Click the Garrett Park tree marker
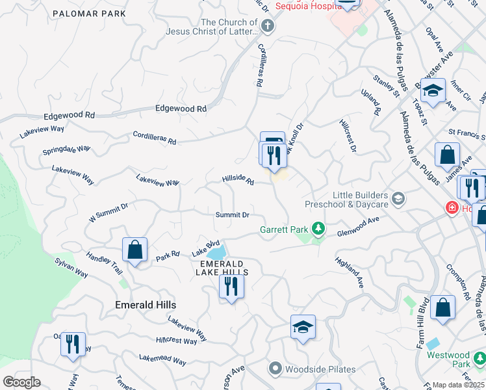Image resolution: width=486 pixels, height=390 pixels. pyautogui.click(x=318, y=229)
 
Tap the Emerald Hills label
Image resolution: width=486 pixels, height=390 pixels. pyautogui.click(x=146, y=304)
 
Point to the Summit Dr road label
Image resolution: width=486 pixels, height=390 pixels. pyautogui.click(x=233, y=214)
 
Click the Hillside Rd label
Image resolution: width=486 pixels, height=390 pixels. pyautogui.click(x=238, y=179)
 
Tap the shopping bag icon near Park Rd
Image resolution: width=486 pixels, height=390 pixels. pyautogui.click(x=135, y=250)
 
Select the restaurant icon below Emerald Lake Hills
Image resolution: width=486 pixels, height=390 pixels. pyautogui.click(x=231, y=286)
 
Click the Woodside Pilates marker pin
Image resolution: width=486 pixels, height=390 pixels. pyautogui.click(x=275, y=369)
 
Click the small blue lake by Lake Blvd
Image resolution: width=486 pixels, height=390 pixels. pyautogui.click(x=218, y=252)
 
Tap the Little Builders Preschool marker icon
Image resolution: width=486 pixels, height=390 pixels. pyautogui.click(x=398, y=200)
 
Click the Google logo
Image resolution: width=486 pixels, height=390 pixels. pyautogui.click(x=21, y=382)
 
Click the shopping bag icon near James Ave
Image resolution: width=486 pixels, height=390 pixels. pyautogui.click(x=447, y=155)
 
